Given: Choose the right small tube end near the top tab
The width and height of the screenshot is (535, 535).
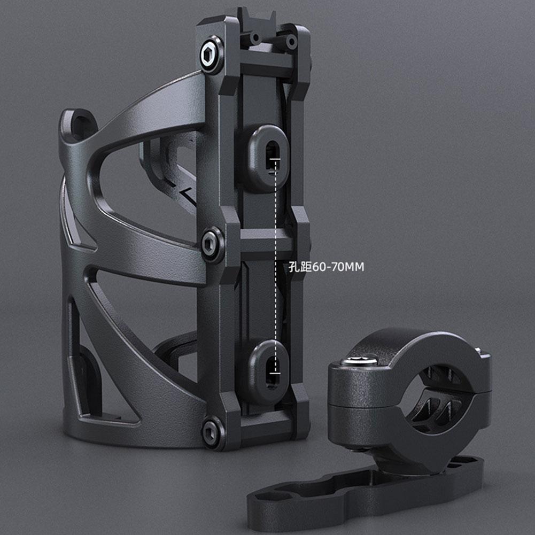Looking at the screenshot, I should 292,41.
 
